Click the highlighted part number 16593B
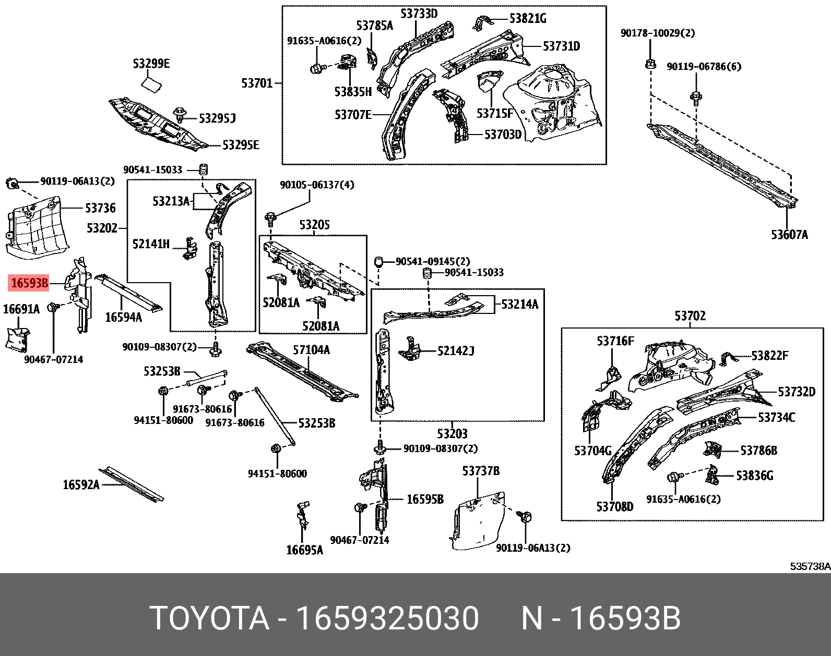(x=29, y=283)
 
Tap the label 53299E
(x=151, y=64)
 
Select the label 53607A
(x=789, y=235)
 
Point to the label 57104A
(x=311, y=350)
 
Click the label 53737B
(x=480, y=471)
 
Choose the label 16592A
(x=81, y=484)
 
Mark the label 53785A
(x=374, y=25)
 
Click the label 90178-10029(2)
(x=657, y=33)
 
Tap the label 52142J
(x=455, y=351)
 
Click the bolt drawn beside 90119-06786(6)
(x=696, y=96)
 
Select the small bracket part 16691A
(x=17, y=337)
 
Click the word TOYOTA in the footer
(x=209, y=619)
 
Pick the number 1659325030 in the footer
(x=386, y=619)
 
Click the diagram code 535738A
(x=809, y=566)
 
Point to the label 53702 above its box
(x=690, y=316)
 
